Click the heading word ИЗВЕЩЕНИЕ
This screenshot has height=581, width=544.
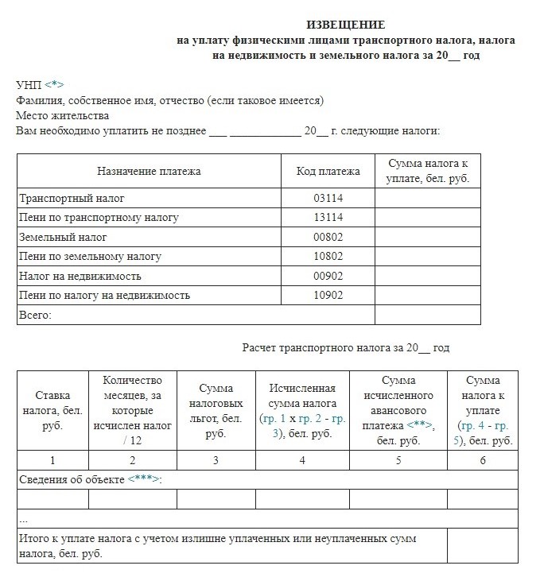(346, 25)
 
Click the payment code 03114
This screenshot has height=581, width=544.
(328, 198)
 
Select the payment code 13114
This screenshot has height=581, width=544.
(328, 217)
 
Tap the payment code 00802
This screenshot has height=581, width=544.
(328, 237)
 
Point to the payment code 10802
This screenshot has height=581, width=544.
(328, 256)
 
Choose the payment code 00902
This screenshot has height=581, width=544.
(328, 276)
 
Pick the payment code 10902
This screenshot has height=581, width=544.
(328, 296)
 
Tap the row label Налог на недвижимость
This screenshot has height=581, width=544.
(80, 276)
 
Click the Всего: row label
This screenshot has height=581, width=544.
(34, 315)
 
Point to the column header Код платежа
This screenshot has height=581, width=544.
(328, 171)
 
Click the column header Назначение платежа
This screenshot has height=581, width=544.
(149, 171)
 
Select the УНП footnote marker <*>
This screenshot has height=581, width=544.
(53, 84)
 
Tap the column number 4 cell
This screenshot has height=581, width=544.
(302, 460)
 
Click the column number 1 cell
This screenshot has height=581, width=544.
(52, 460)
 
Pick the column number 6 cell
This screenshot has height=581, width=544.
(482, 460)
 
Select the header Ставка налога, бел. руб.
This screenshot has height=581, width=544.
(52, 409)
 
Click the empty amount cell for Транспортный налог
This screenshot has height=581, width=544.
(428, 198)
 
